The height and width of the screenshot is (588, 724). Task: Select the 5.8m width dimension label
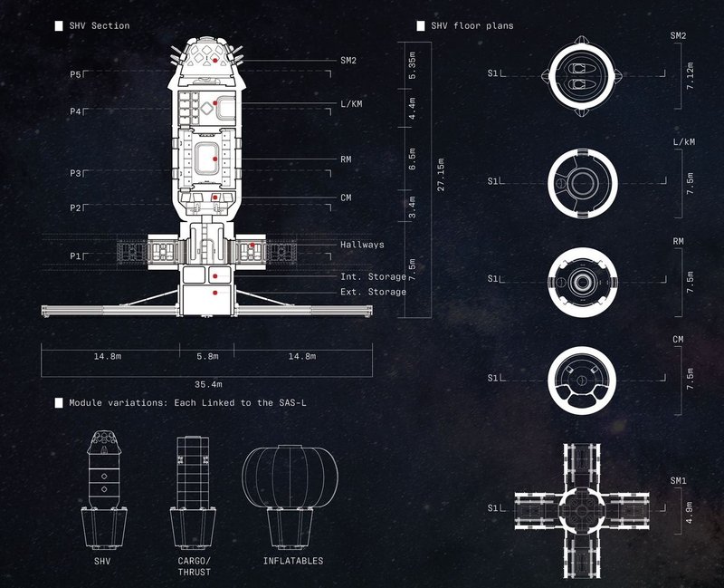(x=206, y=356)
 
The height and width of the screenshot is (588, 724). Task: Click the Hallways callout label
(x=362, y=245)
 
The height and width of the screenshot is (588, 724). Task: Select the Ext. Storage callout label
(x=373, y=292)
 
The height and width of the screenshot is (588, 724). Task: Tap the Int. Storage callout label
(x=373, y=275)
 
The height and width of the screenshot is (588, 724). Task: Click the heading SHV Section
(x=100, y=26)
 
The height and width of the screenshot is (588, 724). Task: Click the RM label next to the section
(x=346, y=159)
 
